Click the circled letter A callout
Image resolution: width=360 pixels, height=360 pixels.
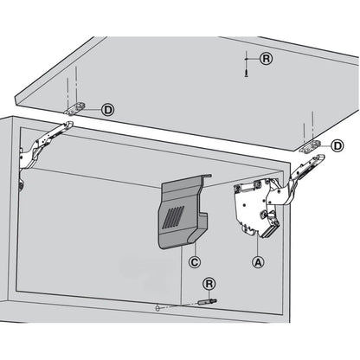click(256, 259)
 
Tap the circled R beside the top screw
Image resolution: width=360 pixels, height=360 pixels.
click(266, 57)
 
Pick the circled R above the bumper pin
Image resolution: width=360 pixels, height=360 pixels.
click(208, 284)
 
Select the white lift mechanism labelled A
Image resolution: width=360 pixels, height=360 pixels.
click(254, 209)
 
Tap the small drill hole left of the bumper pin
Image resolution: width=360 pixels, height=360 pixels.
click(153, 307)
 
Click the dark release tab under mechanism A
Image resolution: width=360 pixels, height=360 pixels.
click(270, 228)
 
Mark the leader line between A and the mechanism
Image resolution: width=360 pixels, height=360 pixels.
click(256, 246)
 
